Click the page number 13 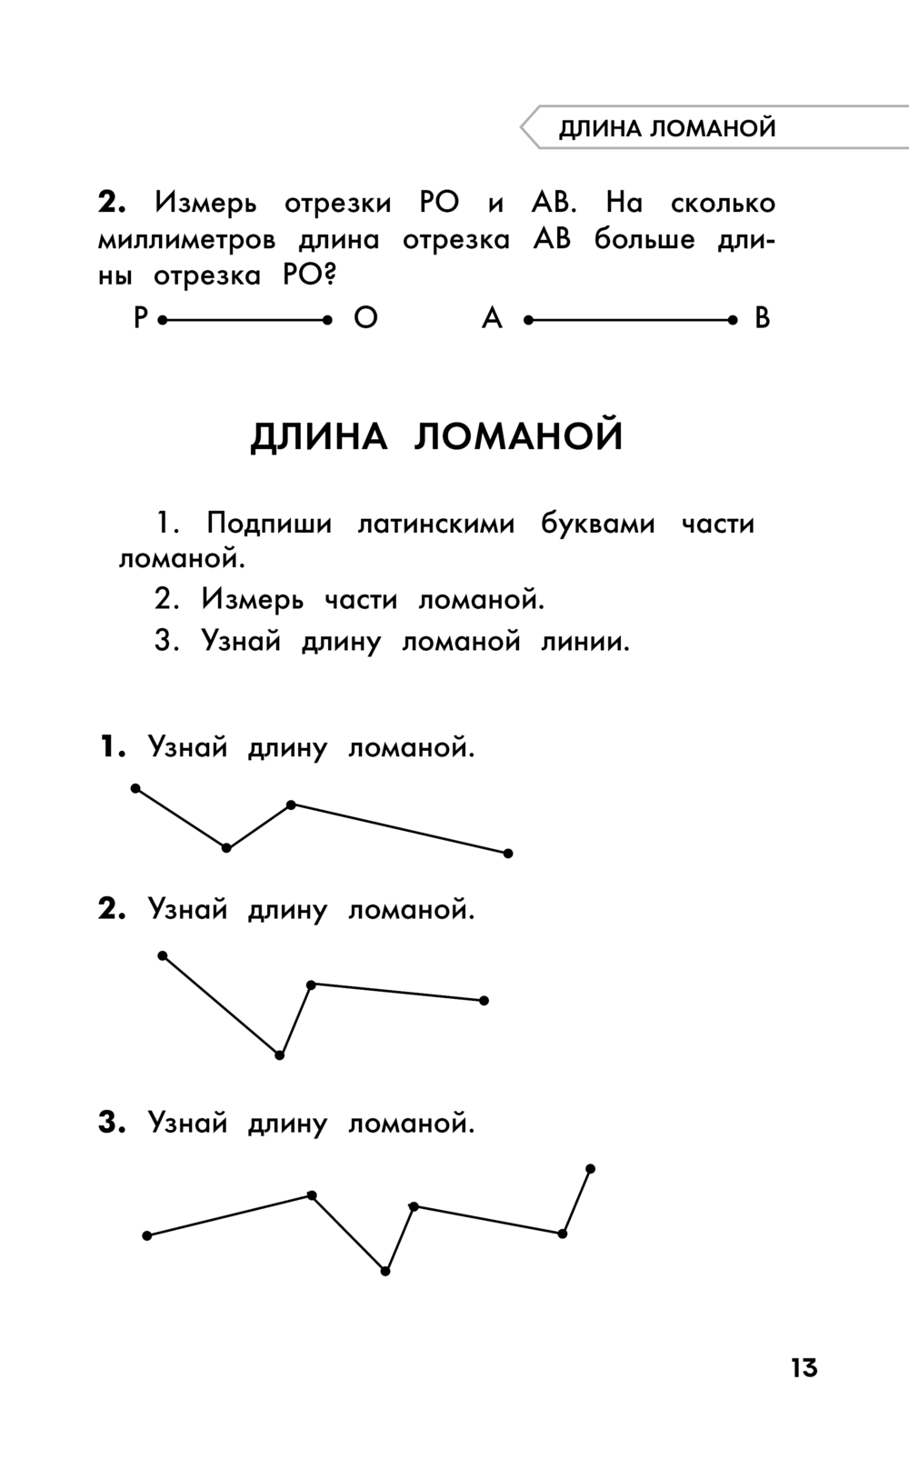[x=804, y=1367]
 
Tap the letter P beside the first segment [x=140, y=318]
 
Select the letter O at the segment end [x=365, y=318]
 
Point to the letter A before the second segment [x=492, y=318]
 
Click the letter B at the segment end [x=762, y=318]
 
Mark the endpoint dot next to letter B [x=733, y=320]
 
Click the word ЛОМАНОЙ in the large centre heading [x=519, y=436]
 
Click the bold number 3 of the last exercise [x=110, y=1123]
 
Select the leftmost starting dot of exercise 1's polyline [x=135, y=788]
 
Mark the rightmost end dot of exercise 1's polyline [x=508, y=854]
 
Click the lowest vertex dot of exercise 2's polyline [x=279, y=1055]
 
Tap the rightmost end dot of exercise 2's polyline [x=484, y=1001]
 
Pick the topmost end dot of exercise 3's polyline [x=590, y=1168]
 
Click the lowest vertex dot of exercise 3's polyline [x=385, y=1271]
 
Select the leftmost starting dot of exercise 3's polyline [x=147, y=1235]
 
